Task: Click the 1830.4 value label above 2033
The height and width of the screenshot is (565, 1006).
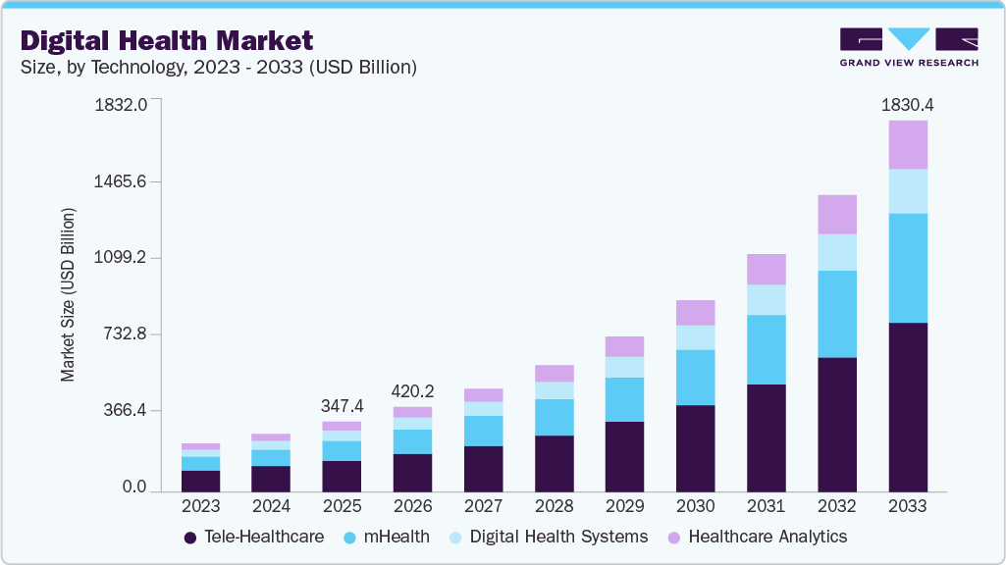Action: (x=907, y=105)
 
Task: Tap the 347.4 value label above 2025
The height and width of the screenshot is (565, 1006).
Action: (x=342, y=406)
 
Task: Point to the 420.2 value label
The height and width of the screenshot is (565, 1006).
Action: (x=412, y=391)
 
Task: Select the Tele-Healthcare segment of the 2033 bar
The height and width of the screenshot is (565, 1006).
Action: (x=908, y=407)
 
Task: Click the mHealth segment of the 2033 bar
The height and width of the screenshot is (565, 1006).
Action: (x=908, y=268)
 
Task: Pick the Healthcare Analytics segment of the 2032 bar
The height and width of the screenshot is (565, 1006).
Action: (x=837, y=215)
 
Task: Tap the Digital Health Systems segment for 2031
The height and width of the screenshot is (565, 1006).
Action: (x=767, y=300)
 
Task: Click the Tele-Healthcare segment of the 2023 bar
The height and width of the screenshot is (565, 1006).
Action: (x=201, y=482)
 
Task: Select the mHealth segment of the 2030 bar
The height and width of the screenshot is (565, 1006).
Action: (x=696, y=378)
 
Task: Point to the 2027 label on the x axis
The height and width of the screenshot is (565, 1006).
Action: (x=483, y=507)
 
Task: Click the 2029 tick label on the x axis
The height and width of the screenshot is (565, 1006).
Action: (x=625, y=507)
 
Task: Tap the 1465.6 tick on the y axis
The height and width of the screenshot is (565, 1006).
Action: (x=120, y=181)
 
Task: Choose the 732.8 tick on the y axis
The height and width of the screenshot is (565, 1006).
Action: (x=125, y=334)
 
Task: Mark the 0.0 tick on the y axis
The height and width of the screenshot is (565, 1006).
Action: (x=134, y=487)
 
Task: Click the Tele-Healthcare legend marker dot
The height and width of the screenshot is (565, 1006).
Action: (x=189, y=539)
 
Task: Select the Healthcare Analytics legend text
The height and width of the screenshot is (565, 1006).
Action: (x=768, y=537)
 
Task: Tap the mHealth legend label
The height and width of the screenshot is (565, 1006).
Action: (x=397, y=537)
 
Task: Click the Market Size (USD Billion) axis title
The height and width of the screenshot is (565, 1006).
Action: (x=68, y=295)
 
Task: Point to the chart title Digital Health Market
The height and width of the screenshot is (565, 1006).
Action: (x=167, y=41)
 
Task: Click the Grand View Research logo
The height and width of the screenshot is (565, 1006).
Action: (x=909, y=47)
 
